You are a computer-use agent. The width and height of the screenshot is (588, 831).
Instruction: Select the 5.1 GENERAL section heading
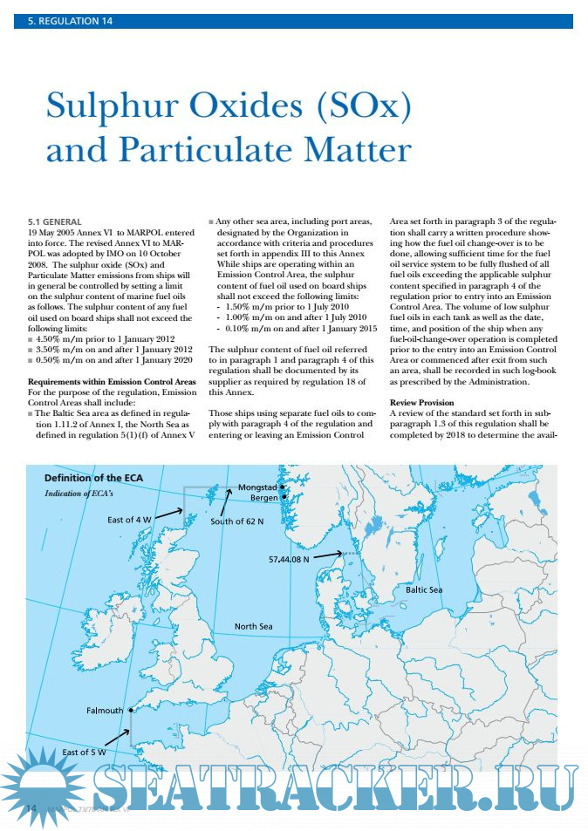[55, 221]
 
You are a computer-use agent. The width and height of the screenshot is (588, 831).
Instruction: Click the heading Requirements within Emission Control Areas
[112, 382]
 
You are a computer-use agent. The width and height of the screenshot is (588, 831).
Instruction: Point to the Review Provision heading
[421, 403]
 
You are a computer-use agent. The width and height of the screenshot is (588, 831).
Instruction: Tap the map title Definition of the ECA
[94, 478]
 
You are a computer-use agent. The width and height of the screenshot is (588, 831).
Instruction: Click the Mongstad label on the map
[257, 487]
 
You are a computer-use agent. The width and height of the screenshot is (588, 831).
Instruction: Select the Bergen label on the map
[263, 498]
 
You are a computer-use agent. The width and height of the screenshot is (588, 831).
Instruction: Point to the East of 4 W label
[129, 520]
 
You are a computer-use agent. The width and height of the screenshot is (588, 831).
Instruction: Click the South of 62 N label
[236, 521]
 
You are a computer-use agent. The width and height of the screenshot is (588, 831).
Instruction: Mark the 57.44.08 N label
[289, 559]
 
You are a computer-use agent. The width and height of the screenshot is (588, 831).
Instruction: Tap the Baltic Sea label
[424, 590]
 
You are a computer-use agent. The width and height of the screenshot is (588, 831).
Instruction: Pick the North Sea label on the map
[253, 626]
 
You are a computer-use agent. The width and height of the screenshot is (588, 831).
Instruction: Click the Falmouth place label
[105, 711]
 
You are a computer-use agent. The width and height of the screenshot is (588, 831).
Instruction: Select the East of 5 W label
[85, 752]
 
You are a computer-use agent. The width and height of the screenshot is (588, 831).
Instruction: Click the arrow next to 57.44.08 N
[328, 554]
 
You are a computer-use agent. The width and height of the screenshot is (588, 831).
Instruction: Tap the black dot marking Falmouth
[130, 710]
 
